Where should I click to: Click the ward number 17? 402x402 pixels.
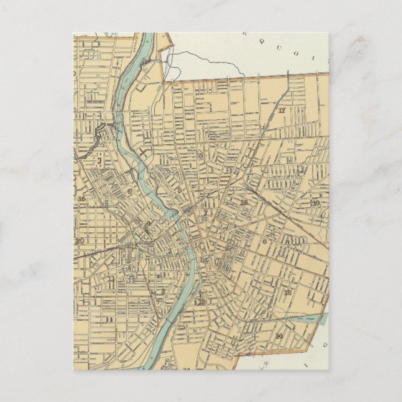click(x=282, y=110)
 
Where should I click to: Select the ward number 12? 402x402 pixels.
click(x=287, y=292)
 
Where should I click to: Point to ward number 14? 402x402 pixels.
click(x=278, y=336)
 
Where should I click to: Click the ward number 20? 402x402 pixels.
click(x=79, y=241)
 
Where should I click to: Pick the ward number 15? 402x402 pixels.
click(x=82, y=199)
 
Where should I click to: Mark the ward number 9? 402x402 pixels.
click(x=200, y=155)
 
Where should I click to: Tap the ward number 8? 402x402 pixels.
click(x=129, y=192)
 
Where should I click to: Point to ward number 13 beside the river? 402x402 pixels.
click(x=200, y=302)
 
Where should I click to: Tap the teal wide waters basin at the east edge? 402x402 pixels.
click(x=320, y=319)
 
